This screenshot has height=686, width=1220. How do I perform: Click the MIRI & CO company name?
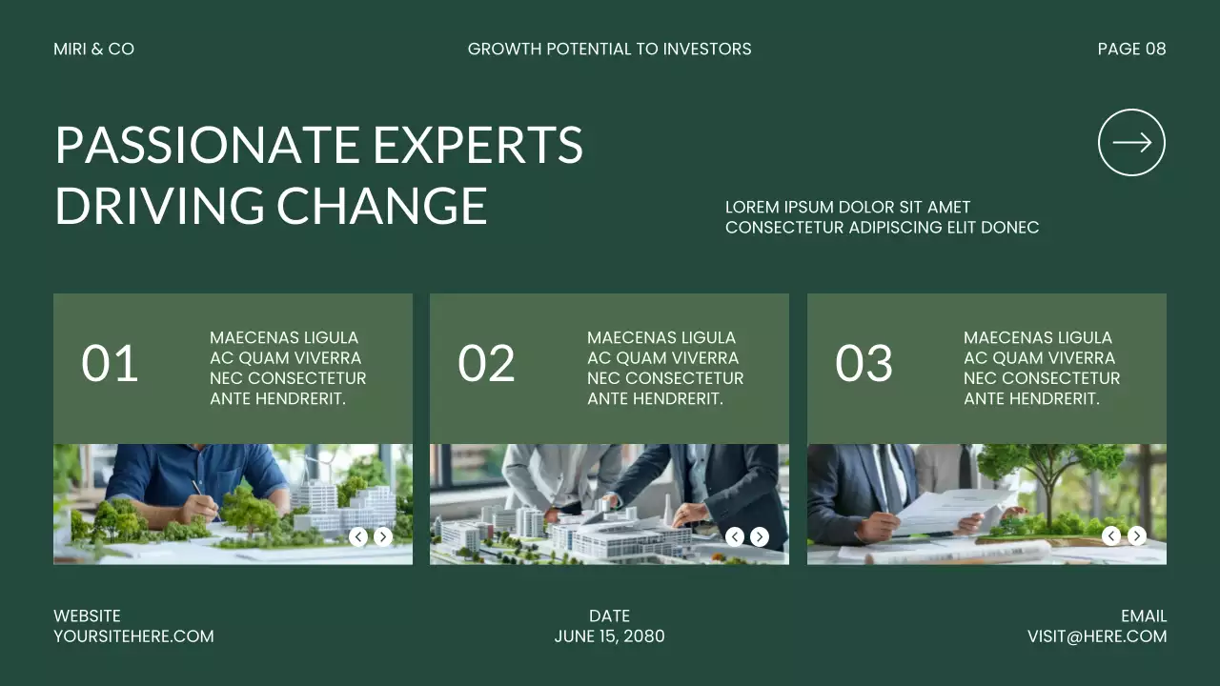[93, 49]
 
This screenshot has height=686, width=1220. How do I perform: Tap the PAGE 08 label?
[1131, 49]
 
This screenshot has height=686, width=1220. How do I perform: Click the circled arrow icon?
[1131, 143]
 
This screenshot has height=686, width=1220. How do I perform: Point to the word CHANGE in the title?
[381, 206]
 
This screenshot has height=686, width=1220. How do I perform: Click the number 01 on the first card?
[110, 363]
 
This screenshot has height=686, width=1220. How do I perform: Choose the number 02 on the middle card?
[486, 363]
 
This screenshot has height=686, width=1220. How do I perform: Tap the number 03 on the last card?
[864, 363]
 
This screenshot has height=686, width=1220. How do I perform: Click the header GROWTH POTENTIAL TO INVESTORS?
[609, 49]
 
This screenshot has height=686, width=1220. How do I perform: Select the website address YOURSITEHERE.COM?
[133, 636]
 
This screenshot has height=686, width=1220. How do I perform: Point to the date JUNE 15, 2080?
[609, 636]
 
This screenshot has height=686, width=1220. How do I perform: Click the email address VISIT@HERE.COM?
[1096, 636]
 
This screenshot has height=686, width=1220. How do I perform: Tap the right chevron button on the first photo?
[383, 536]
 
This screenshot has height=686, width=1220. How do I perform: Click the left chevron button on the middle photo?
[735, 536]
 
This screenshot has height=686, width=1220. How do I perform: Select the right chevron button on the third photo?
[1136, 536]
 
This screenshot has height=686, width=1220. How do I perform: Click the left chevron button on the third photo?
[1111, 536]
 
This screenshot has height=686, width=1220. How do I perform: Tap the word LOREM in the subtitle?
[751, 207]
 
